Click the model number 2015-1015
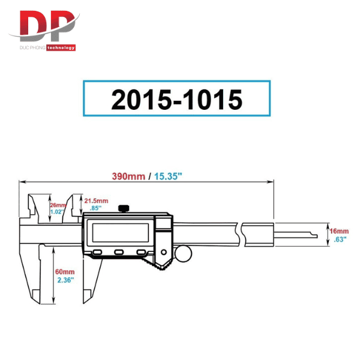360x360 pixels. tap(176, 100)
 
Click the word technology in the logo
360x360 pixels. tap(61, 47)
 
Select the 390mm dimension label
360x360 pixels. tap(128, 176)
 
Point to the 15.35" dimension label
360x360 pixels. tap(168, 176)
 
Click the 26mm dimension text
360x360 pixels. tap(58, 205)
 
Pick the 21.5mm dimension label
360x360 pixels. tap(96, 201)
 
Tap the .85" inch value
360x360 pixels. tap(95, 208)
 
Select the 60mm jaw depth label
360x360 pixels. tap(65, 272)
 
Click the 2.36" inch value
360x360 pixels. tap(65, 280)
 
